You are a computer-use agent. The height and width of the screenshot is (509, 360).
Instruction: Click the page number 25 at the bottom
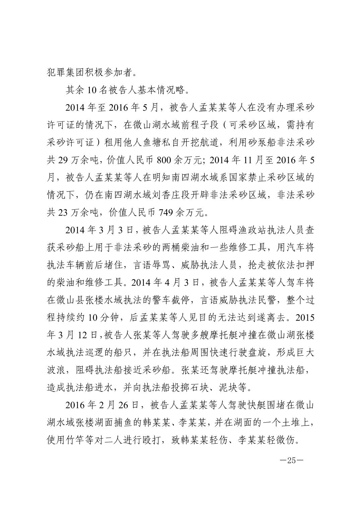click(291, 460)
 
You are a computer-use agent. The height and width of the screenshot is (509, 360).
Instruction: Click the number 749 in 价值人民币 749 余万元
click(166, 212)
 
